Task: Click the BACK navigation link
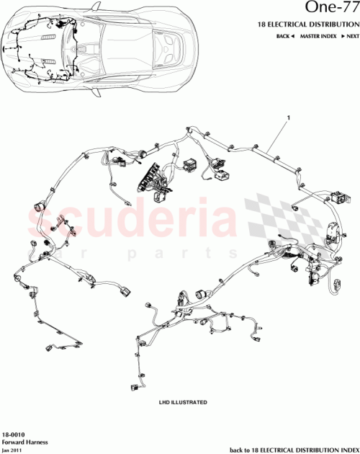(285, 36)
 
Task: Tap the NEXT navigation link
(349, 36)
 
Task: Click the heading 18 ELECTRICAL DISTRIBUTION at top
(308, 25)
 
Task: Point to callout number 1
(288, 117)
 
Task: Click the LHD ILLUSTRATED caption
(183, 401)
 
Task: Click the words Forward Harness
(22, 444)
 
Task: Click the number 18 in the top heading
(262, 25)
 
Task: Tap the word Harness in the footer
(32, 444)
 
